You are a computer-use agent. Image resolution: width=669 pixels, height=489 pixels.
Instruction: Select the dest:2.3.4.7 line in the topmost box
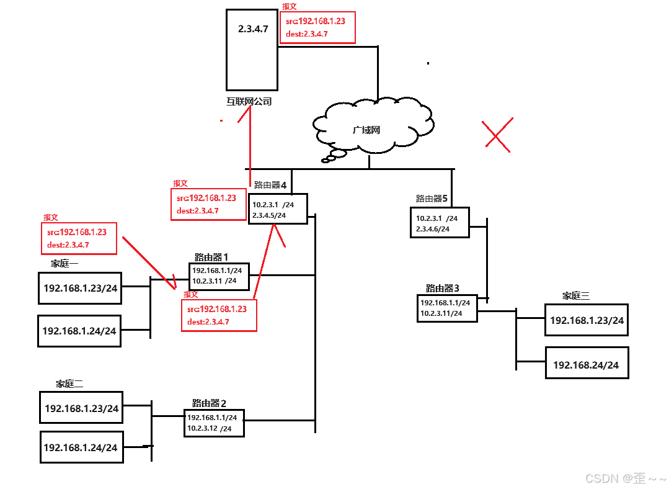tap(307, 34)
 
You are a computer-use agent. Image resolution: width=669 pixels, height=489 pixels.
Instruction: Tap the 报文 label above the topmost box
tap(290, 7)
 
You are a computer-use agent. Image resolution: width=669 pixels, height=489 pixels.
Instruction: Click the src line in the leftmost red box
tap(77, 232)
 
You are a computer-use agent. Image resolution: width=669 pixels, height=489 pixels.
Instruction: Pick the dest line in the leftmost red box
tap(68, 245)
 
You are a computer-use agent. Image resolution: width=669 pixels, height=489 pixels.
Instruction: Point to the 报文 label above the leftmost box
tap(51, 218)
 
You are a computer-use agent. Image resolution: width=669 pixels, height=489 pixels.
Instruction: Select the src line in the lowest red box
tap(217, 309)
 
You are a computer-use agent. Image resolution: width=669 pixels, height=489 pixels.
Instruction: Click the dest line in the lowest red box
tap(208, 322)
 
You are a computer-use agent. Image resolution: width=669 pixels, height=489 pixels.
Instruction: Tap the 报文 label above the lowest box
tap(191, 294)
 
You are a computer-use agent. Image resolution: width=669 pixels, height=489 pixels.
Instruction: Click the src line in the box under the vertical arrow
tap(206, 198)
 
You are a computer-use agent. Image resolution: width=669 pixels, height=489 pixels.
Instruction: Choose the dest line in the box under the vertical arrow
tap(198, 211)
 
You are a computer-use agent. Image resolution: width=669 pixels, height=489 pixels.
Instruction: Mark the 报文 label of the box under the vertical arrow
tap(180, 184)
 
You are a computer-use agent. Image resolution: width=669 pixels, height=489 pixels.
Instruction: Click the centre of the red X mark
tap(497, 134)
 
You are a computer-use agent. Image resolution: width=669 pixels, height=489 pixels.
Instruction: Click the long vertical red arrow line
tap(250, 149)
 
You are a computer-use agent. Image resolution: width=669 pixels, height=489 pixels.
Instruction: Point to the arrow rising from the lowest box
tap(264, 261)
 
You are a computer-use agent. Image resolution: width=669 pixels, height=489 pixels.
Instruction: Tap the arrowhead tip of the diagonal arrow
tap(175, 288)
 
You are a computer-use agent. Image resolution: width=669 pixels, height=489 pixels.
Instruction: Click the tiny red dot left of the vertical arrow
tap(221, 121)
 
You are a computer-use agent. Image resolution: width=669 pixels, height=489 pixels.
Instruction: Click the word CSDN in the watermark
tap(601, 478)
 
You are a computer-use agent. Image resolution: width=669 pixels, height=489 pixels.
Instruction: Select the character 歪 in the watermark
tap(639, 478)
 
